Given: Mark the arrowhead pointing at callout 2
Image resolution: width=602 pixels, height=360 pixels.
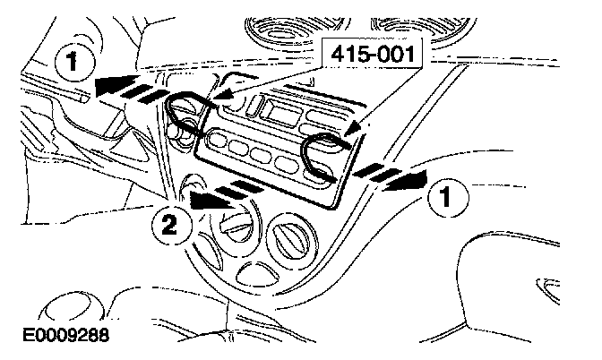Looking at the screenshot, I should click(198, 200).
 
